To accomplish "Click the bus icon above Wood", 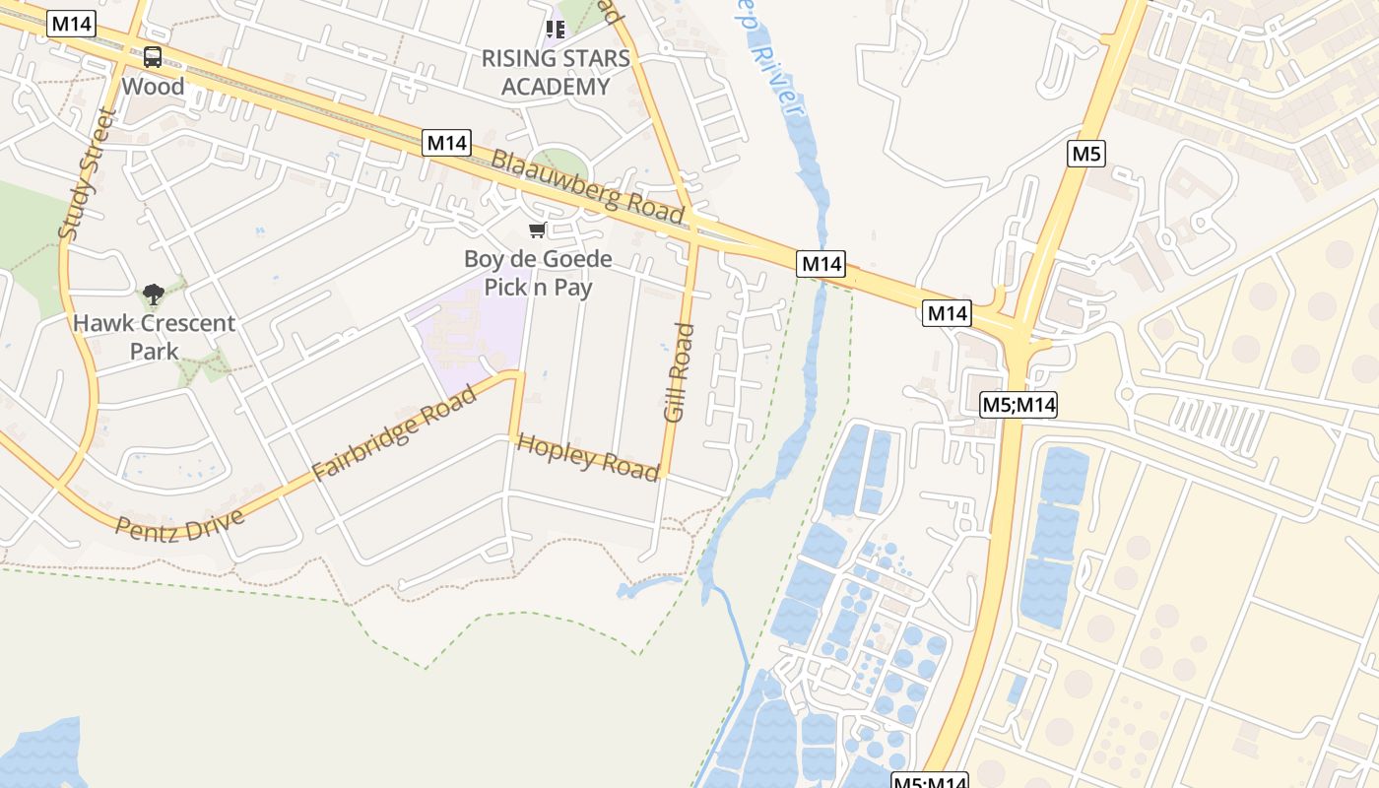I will [152, 57].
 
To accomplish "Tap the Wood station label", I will [153, 87].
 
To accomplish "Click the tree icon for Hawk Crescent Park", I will [153, 294].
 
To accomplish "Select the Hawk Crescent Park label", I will [154, 337].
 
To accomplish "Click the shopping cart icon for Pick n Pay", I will [537, 230].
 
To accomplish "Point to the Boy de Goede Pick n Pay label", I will [538, 273].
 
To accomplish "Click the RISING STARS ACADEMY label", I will [555, 72].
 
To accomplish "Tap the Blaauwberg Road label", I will [587, 187].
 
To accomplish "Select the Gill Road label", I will [679, 373].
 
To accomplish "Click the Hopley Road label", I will [588, 457].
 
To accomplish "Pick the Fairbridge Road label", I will [394, 432].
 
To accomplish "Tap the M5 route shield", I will [1085, 154].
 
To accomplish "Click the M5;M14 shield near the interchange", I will [1018, 404].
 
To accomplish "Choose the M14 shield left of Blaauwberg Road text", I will [447, 143].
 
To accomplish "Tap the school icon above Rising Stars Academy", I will [555, 29].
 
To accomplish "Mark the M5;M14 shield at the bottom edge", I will [930, 782].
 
